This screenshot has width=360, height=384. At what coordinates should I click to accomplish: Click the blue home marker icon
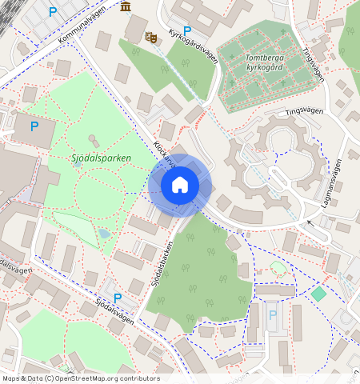click(180, 185)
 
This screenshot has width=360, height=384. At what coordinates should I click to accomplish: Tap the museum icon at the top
click(126, 7)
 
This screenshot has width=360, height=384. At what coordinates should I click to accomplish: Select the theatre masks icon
click(150, 36)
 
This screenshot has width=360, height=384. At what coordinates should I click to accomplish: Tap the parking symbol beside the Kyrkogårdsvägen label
click(187, 31)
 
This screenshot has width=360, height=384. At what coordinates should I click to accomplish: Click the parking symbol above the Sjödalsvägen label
click(118, 298)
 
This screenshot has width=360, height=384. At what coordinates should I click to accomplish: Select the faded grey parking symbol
click(272, 315)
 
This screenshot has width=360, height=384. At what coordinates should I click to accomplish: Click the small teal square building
click(318, 294)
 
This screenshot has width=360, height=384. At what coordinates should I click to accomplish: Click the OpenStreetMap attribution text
click(80, 378)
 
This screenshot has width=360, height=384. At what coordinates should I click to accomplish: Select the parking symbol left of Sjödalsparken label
click(34, 126)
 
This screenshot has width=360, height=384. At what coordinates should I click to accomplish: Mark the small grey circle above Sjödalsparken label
click(90, 140)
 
